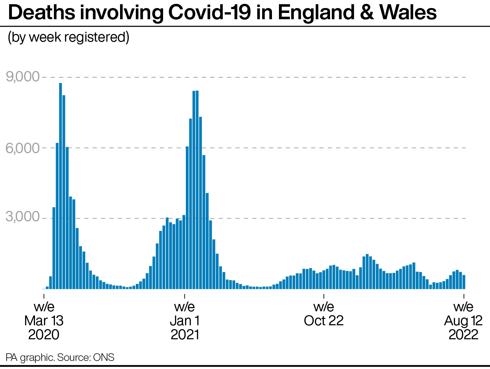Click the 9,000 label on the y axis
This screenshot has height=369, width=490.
(x=23, y=77)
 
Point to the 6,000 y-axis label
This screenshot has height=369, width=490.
(x=23, y=148)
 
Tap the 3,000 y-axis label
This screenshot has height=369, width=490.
(x=23, y=217)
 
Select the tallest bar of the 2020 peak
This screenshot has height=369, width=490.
(x=61, y=186)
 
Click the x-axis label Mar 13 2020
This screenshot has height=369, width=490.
(x=44, y=321)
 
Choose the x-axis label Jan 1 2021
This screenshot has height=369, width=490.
(x=184, y=321)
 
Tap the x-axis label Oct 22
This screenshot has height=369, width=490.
(x=324, y=314)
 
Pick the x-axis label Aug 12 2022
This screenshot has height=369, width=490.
(x=463, y=321)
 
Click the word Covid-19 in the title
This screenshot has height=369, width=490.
(x=210, y=13)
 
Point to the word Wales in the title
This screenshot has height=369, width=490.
(x=408, y=13)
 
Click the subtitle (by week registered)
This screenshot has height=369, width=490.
(x=69, y=37)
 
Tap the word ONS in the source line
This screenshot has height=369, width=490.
(x=104, y=357)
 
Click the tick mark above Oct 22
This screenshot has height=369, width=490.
(x=324, y=296)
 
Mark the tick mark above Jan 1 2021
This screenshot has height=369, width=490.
(x=184, y=296)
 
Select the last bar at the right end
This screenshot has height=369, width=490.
(x=464, y=282)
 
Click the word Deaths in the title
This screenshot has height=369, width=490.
(x=42, y=13)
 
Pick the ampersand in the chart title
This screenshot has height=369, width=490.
(x=367, y=13)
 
